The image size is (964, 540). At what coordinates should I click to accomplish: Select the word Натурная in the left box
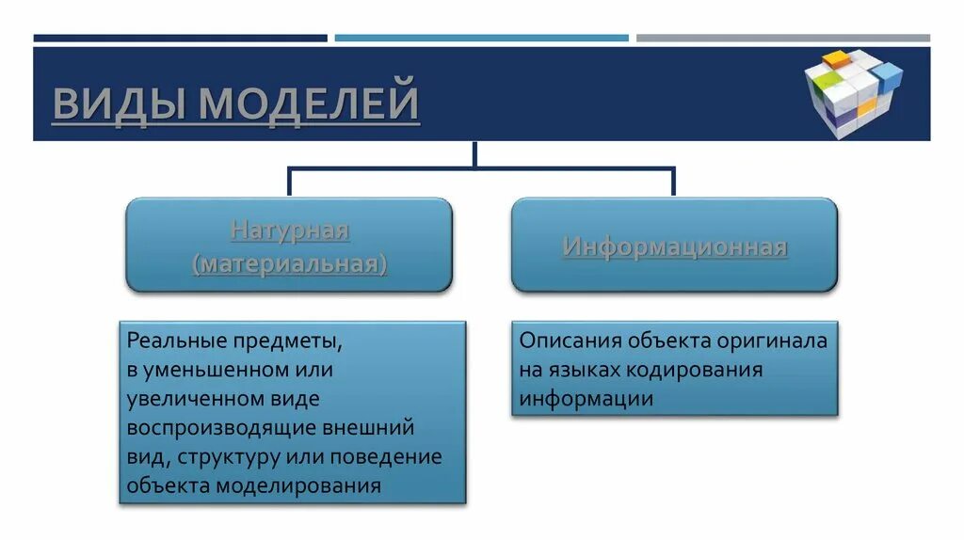point(290,230)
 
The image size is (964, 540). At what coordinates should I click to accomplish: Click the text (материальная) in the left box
point(290,263)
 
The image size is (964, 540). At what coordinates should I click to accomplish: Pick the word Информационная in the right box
point(675,247)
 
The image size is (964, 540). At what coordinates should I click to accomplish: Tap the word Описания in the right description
point(569,341)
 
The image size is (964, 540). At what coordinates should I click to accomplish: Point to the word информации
point(586,399)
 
